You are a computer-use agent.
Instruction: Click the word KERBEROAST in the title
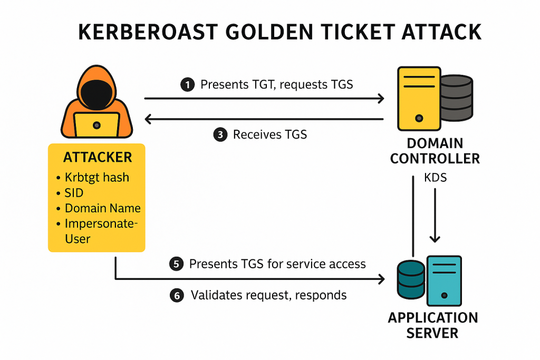[148, 32]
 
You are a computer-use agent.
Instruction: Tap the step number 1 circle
[187, 85]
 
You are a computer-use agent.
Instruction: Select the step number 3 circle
[220, 134]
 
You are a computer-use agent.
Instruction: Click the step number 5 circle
[176, 264]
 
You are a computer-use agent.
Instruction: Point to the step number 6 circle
[177, 295]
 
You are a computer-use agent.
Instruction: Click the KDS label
[435, 178]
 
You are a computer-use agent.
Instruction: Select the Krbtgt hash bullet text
[97, 177]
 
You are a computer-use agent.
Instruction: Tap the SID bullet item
[74, 193]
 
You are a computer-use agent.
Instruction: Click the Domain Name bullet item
[103, 208]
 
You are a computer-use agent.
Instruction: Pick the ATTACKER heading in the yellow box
[98, 157]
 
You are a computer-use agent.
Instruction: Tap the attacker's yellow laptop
[97, 124]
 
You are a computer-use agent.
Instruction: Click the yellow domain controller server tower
[419, 99]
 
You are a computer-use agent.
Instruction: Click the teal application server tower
[444, 281]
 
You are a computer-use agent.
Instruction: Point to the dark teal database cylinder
[411, 279]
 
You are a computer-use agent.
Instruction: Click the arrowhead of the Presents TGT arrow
[381, 99]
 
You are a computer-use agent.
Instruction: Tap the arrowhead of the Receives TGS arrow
[148, 119]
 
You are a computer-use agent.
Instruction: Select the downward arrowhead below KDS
[435, 239]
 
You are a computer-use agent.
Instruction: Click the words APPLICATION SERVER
[432, 325]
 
